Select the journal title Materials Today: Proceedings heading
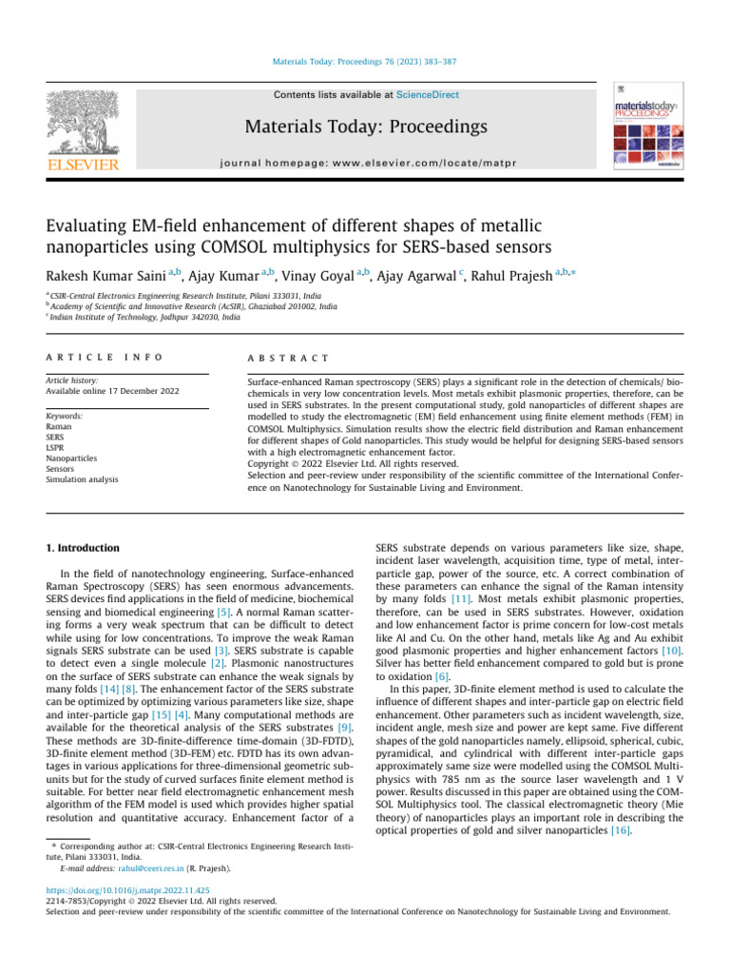pos(367,127)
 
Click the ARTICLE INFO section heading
pos(104,357)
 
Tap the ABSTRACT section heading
pos(287,357)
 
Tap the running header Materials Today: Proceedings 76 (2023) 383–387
pos(365,62)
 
